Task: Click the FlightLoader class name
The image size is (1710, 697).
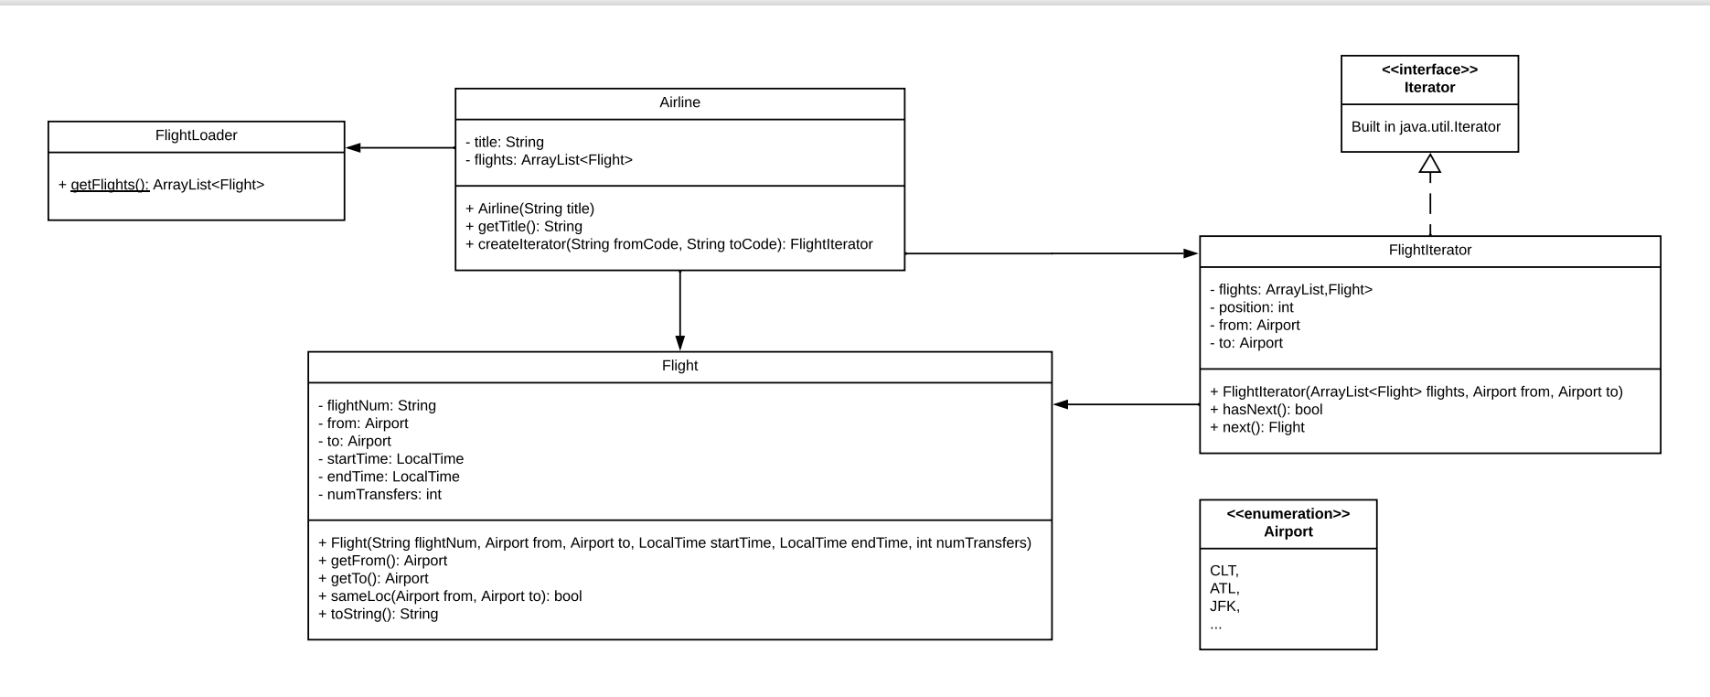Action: tap(196, 135)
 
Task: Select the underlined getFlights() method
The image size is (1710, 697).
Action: tap(110, 185)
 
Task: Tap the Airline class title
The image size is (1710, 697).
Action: tap(679, 102)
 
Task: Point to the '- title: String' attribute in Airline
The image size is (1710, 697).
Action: tap(504, 143)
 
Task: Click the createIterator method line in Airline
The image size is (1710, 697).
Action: tap(668, 244)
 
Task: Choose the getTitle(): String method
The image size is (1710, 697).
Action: tap(523, 227)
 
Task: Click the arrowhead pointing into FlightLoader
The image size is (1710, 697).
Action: tap(353, 148)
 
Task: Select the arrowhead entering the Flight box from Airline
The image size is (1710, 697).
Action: tap(679, 343)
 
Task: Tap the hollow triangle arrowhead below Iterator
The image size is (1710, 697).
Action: tap(1429, 164)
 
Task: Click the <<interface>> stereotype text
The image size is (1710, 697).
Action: tap(1429, 70)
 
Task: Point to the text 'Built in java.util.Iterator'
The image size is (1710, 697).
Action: tap(1426, 127)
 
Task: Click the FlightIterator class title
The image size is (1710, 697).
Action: tap(1429, 250)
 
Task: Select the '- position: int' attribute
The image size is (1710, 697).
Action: tap(1251, 307)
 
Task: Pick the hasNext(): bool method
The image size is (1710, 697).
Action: tap(1266, 410)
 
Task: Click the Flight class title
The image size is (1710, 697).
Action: tap(679, 366)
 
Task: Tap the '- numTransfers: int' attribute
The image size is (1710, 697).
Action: tap(379, 495)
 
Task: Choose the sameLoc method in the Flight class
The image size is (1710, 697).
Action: tap(449, 596)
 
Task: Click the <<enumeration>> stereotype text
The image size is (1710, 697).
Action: tap(1288, 514)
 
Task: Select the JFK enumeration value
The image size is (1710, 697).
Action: tap(1224, 606)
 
